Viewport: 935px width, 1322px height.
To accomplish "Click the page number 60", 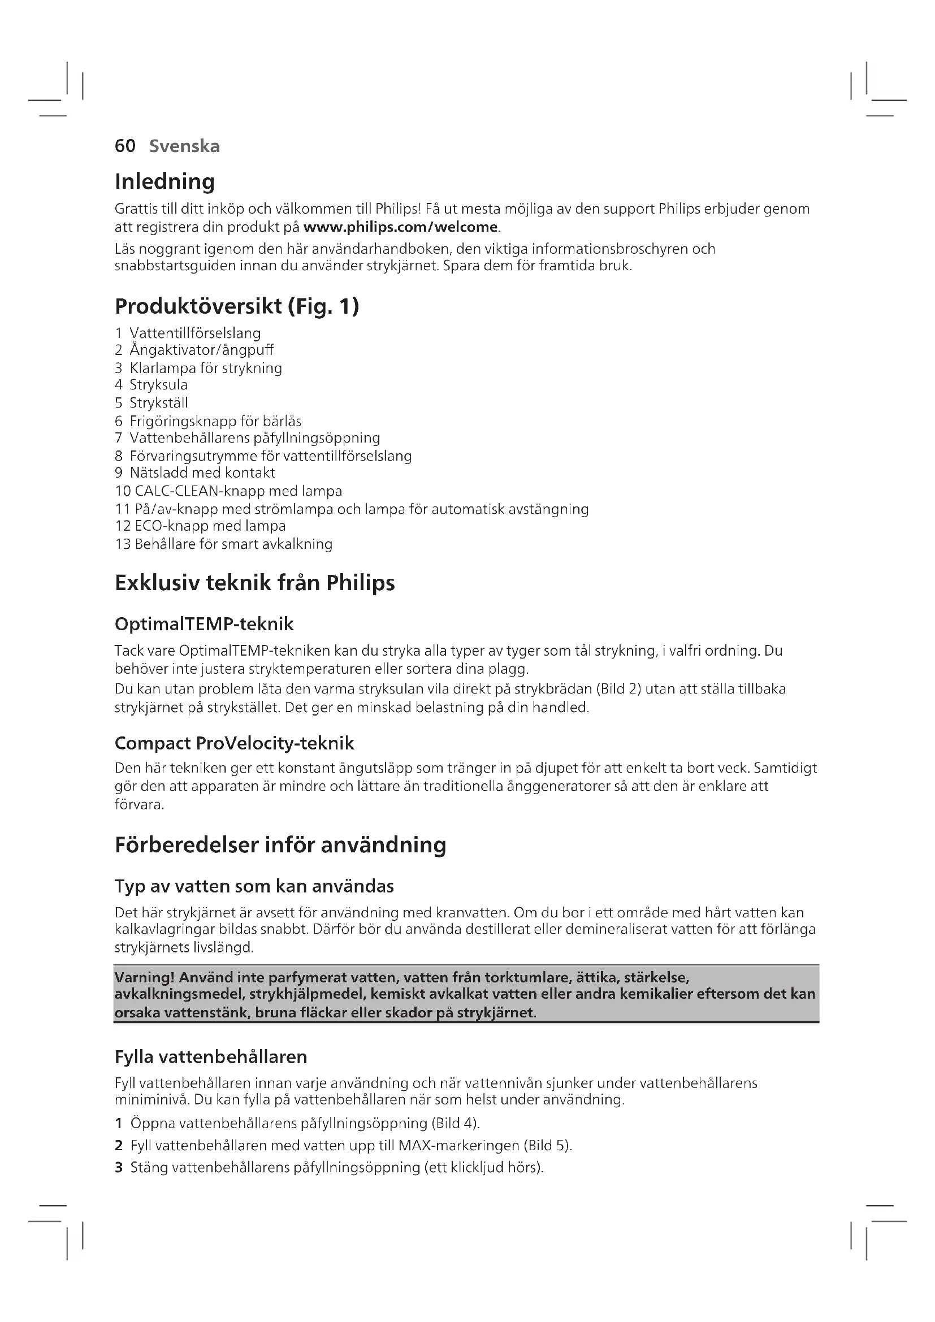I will (x=125, y=146).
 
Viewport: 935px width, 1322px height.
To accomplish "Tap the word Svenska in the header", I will (x=184, y=146).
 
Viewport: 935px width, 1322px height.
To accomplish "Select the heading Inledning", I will (x=165, y=181).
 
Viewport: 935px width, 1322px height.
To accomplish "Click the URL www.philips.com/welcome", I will (x=400, y=227).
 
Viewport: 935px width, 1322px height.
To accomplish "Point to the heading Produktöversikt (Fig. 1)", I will (x=237, y=306).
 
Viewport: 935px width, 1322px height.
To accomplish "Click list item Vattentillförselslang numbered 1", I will (x=194, y=333).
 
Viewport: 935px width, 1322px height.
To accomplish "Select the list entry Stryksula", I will (x=158, y=385).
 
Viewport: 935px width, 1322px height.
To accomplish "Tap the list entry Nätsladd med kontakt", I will (x=202, y=473).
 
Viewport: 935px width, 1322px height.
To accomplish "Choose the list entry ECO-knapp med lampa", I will (x=210, y=526).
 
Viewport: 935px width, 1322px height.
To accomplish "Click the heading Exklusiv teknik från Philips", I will (x=254, y=583).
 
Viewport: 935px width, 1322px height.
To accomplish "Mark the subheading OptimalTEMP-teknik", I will (x=204, y=623).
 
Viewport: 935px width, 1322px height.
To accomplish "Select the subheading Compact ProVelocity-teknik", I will (x=235, y=743).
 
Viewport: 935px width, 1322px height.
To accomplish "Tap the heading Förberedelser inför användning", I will (x=280, y=844).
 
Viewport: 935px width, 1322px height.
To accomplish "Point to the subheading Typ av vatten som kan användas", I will (x=254, y=886).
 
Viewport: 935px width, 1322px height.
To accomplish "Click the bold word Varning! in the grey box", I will (x=145, y=977).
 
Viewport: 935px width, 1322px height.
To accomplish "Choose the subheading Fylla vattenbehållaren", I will (x=211, y=1056).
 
